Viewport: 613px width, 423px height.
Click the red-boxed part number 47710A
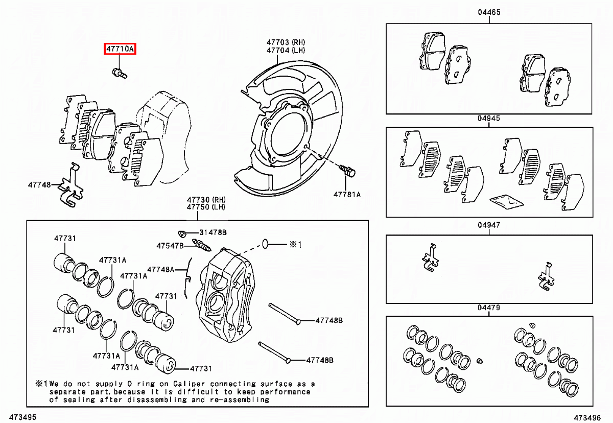coord(120,49)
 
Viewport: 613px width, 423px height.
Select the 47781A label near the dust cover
coord(347,194)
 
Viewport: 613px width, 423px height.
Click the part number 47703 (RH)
coord(285,42)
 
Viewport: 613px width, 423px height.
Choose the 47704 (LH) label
coord(285,51)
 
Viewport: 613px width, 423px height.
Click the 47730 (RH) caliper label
coord(206,199)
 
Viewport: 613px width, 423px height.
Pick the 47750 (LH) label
coord(206,207)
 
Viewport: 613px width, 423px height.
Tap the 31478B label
coord(213,232)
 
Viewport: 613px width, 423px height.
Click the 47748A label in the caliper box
coord(160,269)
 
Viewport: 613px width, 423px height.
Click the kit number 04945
coord(489,118)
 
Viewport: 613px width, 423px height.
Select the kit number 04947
coord(489,225)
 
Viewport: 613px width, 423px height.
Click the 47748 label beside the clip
coord(39,184)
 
